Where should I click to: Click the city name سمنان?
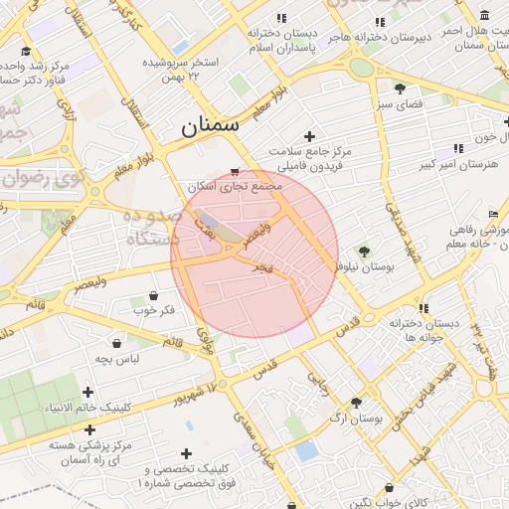[x=212, y=126]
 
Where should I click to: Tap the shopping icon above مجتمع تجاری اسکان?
[x=235, y=171]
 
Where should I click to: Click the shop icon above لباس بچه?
[x=117, y=343]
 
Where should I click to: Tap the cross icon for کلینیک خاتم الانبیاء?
[x=88, y=393]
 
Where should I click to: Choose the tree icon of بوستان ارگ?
[x=356, y=403]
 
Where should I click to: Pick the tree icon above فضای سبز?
[x=400, y=87]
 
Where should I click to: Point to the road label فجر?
[x=261, y=267]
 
